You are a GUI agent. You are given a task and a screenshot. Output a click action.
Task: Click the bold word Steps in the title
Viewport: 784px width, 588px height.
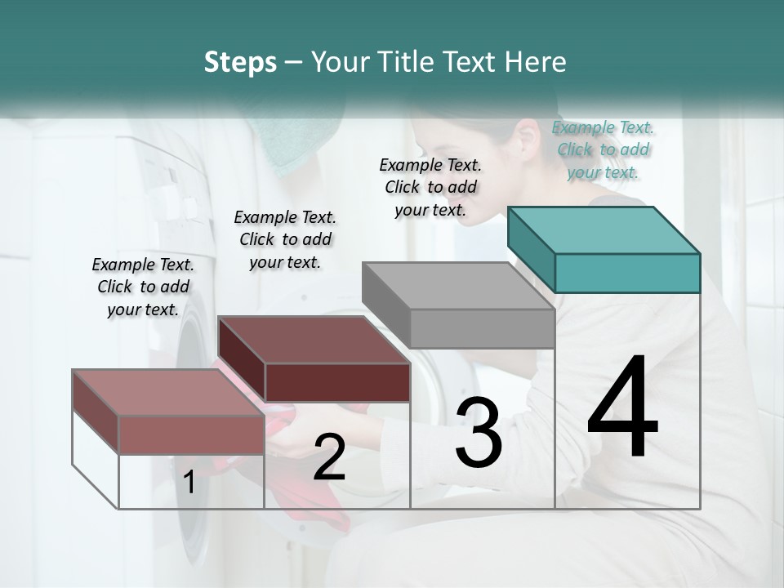[240, 62]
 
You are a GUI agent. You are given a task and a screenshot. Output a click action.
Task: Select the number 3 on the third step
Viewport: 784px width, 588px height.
[479, 433]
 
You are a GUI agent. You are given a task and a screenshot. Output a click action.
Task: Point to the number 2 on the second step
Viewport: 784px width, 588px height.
[329, 457]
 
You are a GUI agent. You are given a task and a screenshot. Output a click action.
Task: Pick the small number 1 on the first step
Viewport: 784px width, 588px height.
[189, 483]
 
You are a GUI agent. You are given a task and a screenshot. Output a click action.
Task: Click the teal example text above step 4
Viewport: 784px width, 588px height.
[603, 149]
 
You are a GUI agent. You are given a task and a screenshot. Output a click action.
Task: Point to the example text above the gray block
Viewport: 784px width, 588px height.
[430, 187]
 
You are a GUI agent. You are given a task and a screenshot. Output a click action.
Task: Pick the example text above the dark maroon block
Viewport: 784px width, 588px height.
[285, 239]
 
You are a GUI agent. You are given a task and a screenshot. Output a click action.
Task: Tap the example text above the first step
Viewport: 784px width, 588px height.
[143, 287]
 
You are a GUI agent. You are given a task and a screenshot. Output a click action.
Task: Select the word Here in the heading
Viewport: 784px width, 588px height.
[535, 62]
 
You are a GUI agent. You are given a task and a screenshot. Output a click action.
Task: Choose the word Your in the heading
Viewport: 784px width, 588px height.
[338, 62]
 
